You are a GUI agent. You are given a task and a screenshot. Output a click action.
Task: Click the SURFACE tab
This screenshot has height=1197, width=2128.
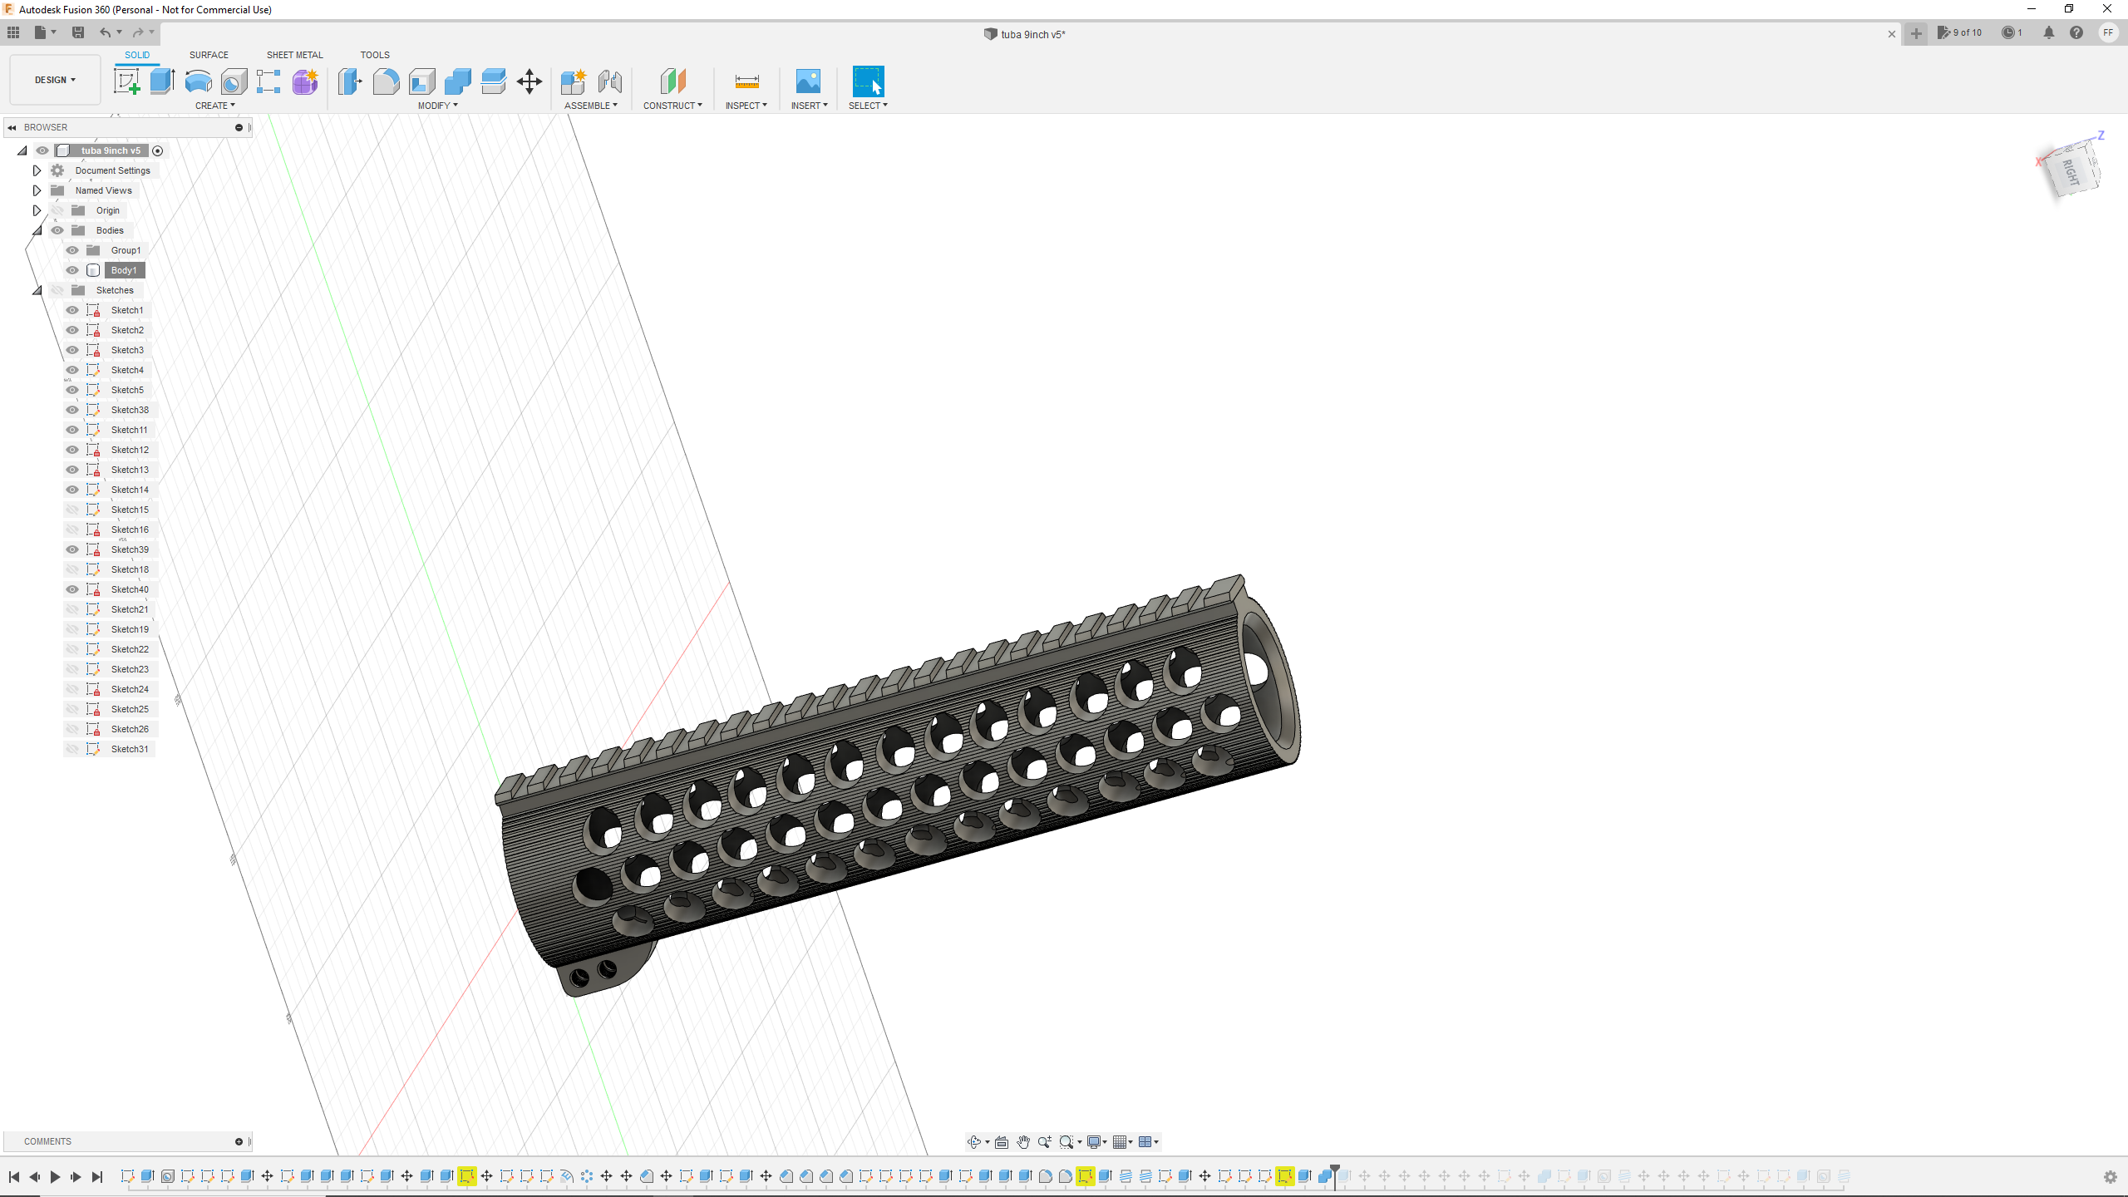tap(209, 55)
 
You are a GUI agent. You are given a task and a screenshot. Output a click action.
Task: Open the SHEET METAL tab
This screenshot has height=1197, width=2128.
tap(294, 55)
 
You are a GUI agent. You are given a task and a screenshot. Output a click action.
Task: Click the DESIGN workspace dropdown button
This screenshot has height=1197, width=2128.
tap(55, 80)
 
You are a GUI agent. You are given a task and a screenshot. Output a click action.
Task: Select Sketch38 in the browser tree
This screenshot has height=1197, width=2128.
tap(130, 410)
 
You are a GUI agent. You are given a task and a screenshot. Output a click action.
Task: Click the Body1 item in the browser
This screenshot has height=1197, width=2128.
tap(124, 270)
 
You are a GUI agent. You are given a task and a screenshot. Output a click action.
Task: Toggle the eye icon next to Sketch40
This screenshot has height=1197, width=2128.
tap(72, 589)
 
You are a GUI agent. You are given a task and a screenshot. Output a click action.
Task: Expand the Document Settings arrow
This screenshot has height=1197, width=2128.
tap(37, 170)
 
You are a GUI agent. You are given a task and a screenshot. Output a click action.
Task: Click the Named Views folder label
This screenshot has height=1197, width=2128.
tap(103, 190)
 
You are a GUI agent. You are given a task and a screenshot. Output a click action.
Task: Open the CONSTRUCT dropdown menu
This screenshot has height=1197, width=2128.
tap(672, 106)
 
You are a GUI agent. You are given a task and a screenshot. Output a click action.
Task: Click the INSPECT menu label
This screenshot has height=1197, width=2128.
tap(746, 106)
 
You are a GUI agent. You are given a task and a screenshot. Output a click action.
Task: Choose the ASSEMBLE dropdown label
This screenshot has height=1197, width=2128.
tap(590, 106)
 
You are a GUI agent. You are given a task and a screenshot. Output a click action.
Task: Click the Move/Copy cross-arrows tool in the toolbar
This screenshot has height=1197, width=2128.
tap(530, 81)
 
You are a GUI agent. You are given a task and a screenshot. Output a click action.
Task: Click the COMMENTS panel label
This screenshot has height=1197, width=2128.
tap(47, 1141)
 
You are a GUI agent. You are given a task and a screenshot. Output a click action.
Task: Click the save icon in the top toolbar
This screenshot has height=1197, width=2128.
tap(78, 32)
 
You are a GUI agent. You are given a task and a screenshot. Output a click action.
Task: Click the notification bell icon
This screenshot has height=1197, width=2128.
tap(2049, 32)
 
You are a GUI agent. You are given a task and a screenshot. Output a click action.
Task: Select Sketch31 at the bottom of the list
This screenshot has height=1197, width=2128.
tap(130, 749)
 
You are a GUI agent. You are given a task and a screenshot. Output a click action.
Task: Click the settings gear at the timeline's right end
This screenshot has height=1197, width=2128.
tap(2110, 1177)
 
